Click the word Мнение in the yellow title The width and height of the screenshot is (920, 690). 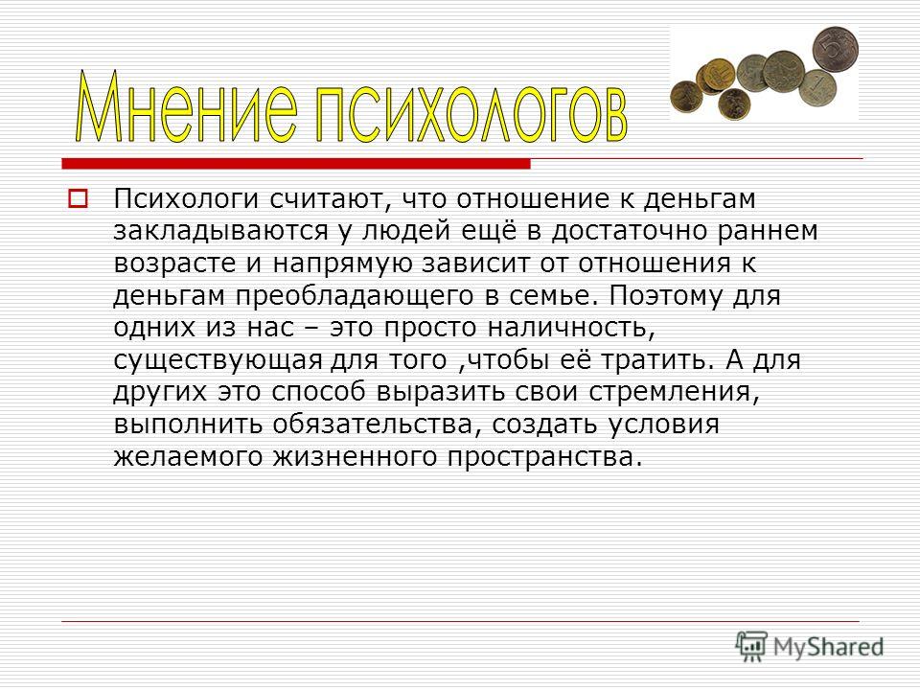coord(187,106)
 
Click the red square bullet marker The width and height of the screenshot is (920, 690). coord(78,198)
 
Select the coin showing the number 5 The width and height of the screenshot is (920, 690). coord(835,48)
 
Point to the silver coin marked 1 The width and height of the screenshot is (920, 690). coord(817,88)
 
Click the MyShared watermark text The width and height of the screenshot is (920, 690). coord(828,647)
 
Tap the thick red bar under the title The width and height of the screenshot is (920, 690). coord(296,163)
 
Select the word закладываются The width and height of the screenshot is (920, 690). coord(220,232)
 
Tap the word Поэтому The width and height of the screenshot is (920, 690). coord(665,295)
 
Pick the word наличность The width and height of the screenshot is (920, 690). coord(570,328)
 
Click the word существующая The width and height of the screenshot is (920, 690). coord(218,360)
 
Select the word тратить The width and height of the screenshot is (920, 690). coord(659,360)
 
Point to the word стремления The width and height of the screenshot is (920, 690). coord(674,393)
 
